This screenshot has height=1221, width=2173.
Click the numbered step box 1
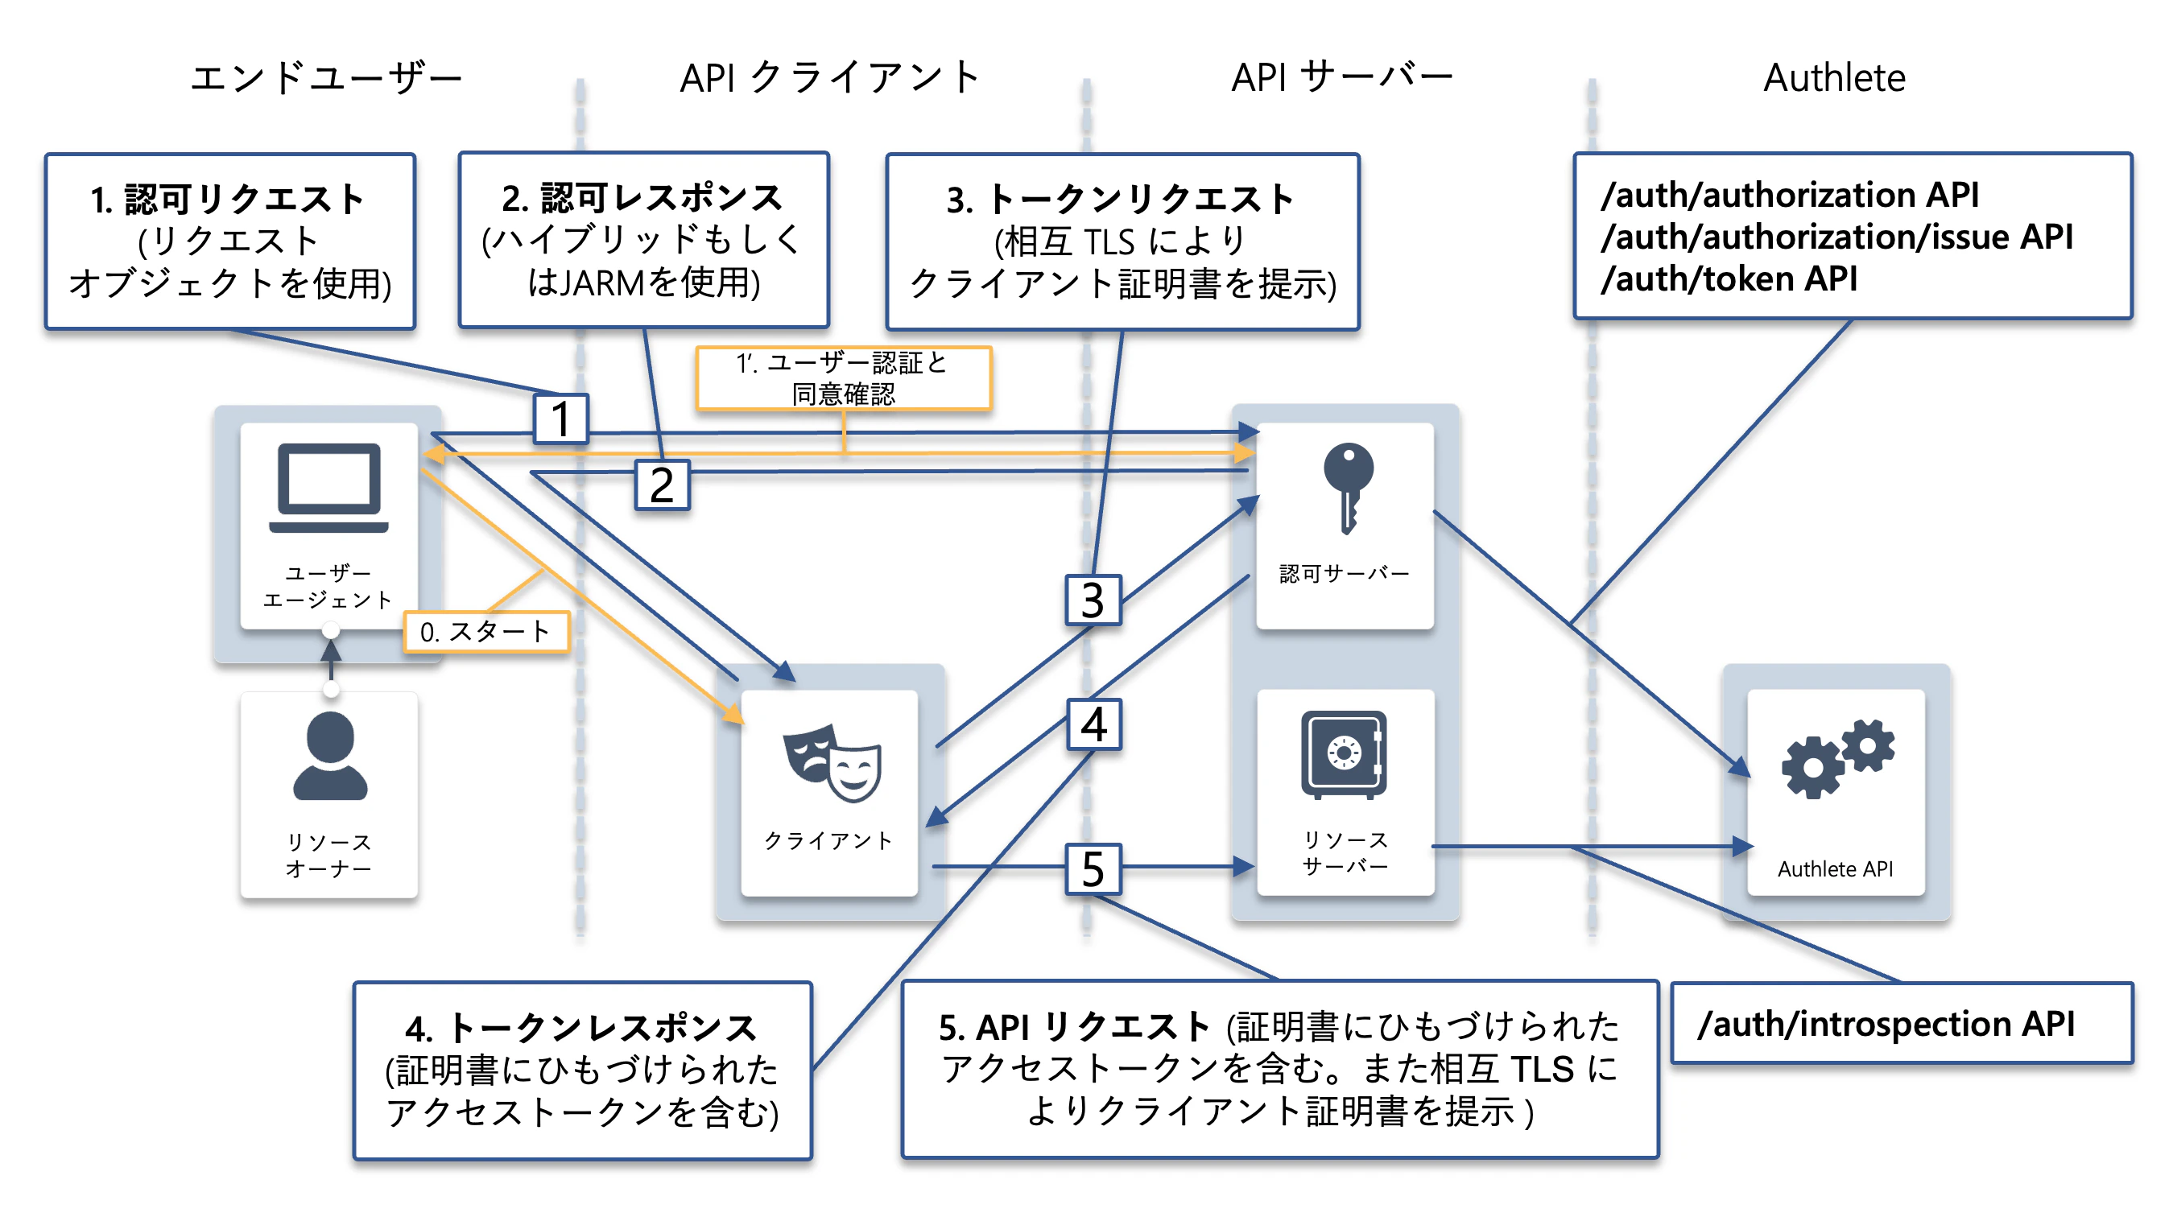pyautogui.click(x=561, y=419)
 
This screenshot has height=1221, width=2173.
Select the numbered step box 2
pyautogui.click(x=662, y=485)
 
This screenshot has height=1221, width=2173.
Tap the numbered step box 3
pyautogui.click(x=1093, y=600)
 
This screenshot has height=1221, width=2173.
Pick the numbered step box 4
pyautogui.click(x=1094, y=724)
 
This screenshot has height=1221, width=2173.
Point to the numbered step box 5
pyautogui.click(x=1093, y=868)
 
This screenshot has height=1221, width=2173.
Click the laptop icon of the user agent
pyautogui.click(x=329, y=489)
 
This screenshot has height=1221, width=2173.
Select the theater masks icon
pyautogui.click(x=832, y=762)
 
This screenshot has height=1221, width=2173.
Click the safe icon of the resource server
pyautogui.click(x=1344, y=754)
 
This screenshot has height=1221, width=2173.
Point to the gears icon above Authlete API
pyautogui.click(x=1837, y=758)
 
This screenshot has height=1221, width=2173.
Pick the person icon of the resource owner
pyautogui.click(x=330, y=756)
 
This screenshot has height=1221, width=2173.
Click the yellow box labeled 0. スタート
pyautogui.click(x=487, y=632)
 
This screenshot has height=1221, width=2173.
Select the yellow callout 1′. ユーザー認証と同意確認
pyautogui.click(x=844, y=378)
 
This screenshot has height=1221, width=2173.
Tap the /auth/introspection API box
pyautogui.click(x=1902, y=1024)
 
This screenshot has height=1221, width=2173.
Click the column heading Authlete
pyautogui.click(x=1834, y=78)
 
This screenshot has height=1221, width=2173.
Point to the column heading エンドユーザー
pyautogui.click(x=326, y=78)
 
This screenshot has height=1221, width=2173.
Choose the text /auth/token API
pyautogui.click(x=1729, y=279)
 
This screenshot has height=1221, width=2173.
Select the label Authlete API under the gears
pyautogui.click(x=1836, y=869)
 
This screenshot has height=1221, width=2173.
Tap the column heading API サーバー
pyautogui.click(x=1342, y=78)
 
